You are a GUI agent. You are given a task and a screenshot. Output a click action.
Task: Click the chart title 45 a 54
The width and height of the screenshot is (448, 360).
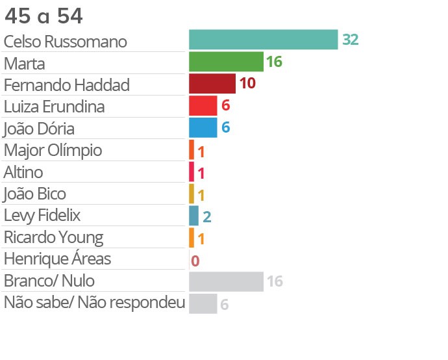(44, 16)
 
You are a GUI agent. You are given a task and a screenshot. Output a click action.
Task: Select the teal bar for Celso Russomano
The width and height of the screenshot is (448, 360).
(263, 40)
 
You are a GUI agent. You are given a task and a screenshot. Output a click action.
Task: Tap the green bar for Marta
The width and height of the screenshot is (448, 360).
(226, 62)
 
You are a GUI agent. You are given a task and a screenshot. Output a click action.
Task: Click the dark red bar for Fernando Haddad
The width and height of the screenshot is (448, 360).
(212, 84)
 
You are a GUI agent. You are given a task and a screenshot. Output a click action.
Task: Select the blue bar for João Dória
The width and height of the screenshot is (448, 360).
(203, 127)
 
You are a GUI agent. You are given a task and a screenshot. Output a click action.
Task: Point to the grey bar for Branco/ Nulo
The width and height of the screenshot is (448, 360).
(226, 281)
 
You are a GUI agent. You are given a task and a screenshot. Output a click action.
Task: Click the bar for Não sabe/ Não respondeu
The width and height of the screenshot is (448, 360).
(203, 303)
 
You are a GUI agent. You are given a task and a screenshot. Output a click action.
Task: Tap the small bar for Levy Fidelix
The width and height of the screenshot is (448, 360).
(193, 216)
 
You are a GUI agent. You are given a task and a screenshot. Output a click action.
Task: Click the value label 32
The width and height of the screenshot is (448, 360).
(351, 40)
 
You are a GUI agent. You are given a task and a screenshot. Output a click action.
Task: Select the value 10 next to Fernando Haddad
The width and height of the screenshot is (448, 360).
(247, 83)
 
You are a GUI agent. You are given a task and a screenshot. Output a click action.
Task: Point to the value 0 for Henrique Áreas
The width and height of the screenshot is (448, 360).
(195, 261)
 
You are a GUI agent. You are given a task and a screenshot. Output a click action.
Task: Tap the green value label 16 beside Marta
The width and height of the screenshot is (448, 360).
(274, 62)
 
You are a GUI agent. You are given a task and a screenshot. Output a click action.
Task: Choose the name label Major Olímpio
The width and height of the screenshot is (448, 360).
(53, 150)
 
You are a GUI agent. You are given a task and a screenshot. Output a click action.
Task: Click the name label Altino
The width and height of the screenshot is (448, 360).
(23, 172)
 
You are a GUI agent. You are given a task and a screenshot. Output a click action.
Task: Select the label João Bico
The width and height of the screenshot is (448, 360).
(34, 194)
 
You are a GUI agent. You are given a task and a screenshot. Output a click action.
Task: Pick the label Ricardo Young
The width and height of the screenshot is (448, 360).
(53, 237)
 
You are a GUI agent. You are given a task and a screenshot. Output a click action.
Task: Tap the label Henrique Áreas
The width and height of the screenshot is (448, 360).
(57, 259)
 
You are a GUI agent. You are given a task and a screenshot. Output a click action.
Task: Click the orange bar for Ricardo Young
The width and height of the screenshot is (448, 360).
(192, 238)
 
